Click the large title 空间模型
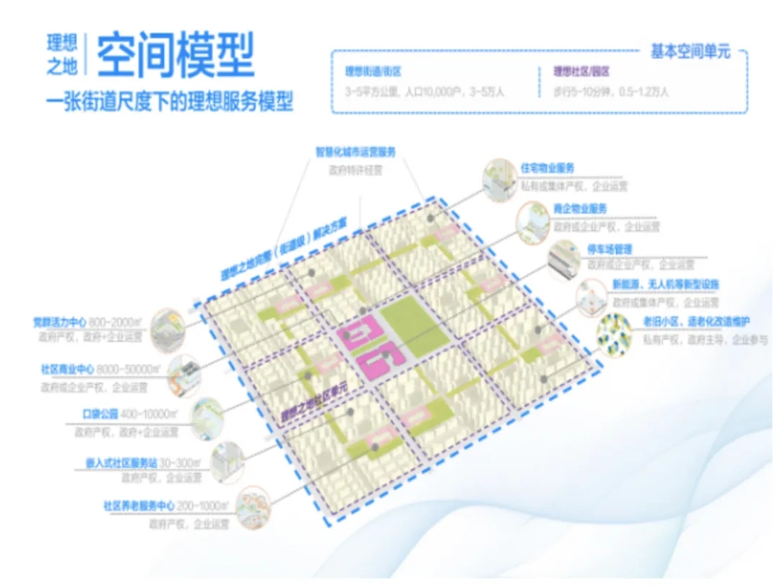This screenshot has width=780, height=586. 175,56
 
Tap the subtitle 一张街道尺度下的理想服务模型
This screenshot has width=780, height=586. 170,100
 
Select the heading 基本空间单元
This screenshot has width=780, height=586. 690,51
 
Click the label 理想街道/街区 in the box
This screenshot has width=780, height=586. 373,71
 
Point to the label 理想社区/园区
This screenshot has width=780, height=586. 582,71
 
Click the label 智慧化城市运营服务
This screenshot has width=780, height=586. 355,152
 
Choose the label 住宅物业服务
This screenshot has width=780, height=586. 548,167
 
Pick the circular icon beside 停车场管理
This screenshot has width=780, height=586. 564,260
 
